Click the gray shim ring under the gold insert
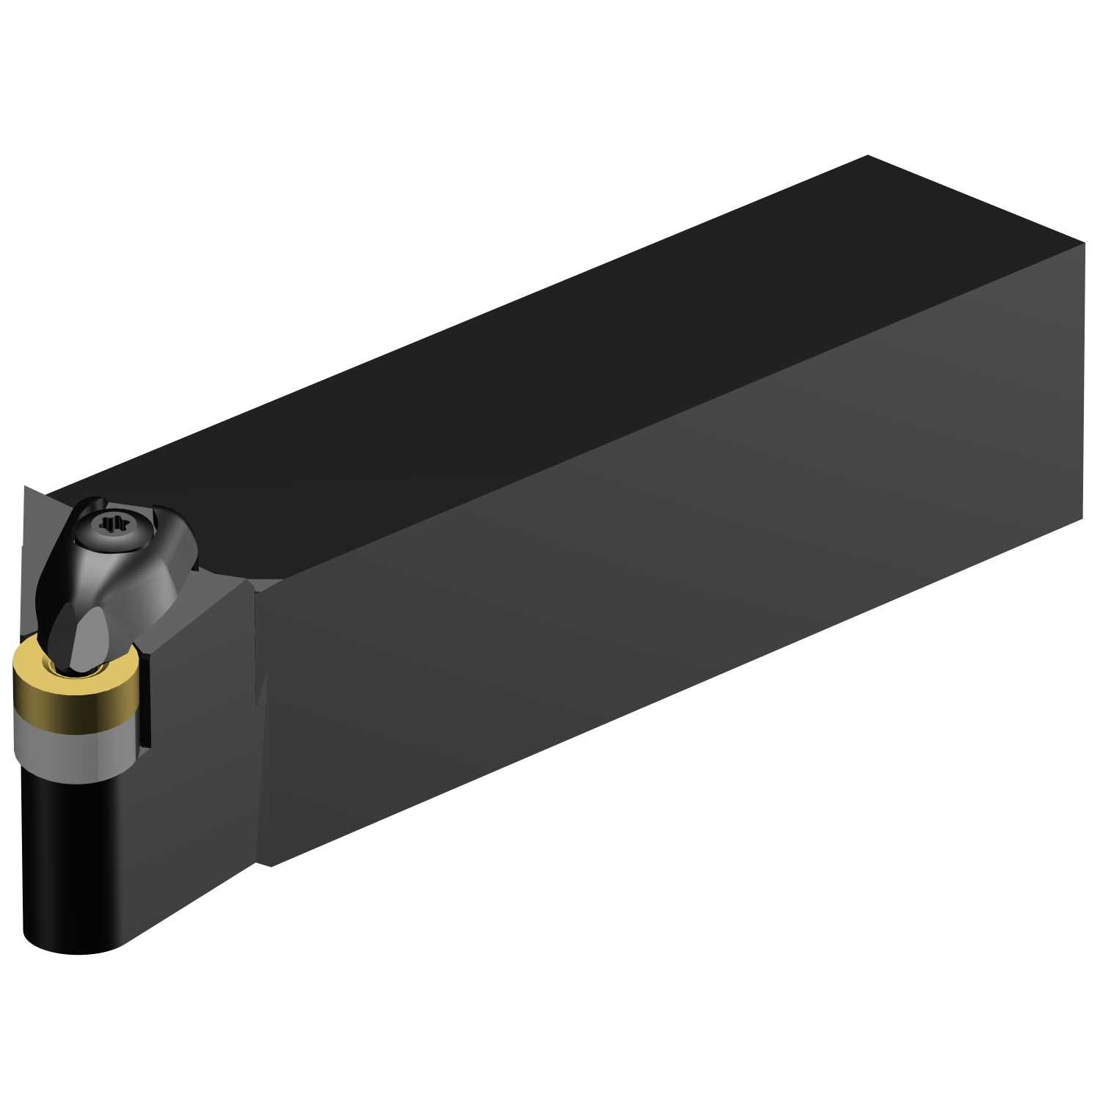pyautogui.click(x=73, y=748)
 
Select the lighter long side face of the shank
pyautogui.click(x=660, y=587)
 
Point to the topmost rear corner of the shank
pyautogui.click(x=868, y=155)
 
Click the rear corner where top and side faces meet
pyautogui.click(x=1083, y=244)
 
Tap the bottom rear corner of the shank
pyautogui.click(x=1082, y=518)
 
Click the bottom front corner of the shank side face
pyautogui.click(x=271, y=865)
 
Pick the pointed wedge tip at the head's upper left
pyautogui.click(x=26, y=487)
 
